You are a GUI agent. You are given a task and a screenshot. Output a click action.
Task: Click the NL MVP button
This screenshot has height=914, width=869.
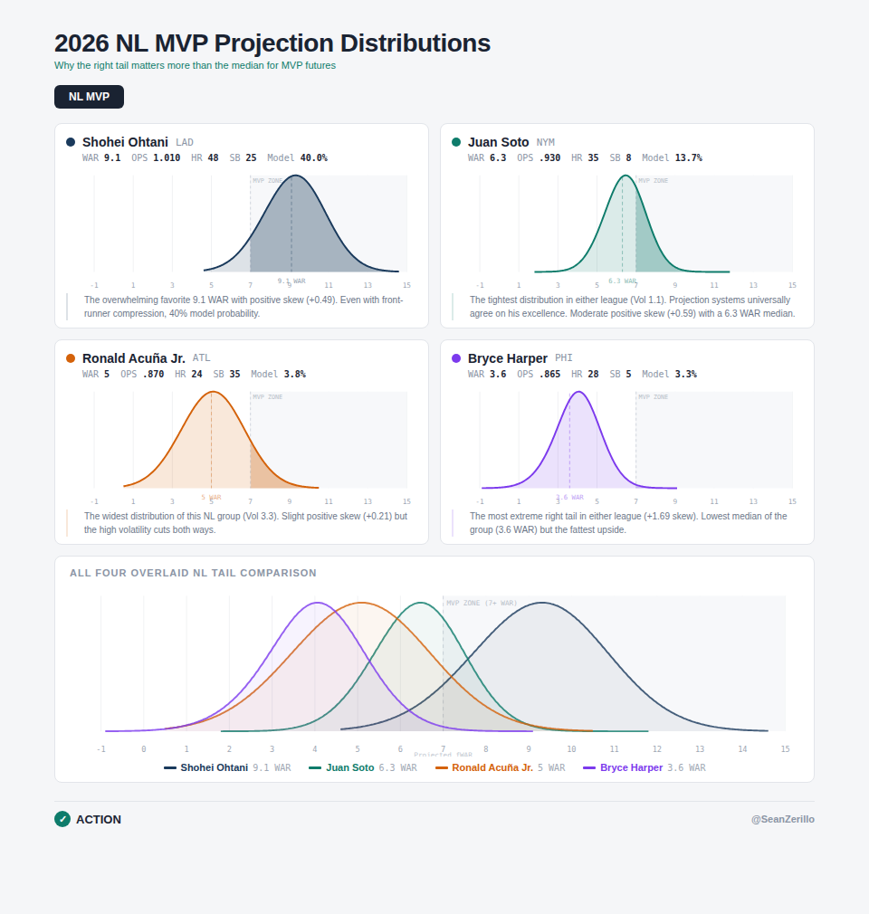(x=89, y=97)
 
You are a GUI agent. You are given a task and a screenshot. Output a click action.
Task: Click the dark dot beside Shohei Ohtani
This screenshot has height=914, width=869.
(x=71, y=142)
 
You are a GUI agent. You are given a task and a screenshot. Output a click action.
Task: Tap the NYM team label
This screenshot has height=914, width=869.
(x=545, y=142)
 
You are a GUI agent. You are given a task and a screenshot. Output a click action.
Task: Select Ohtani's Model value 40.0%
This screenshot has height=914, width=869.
(x=314, y=157)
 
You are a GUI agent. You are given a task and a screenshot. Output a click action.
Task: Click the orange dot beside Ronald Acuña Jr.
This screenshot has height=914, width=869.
(x=71, y=358)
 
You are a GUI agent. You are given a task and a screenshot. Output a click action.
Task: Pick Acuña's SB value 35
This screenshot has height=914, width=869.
(x=234, y=374)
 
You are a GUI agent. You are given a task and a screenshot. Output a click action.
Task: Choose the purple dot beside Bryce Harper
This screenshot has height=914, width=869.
(x=456, y=358)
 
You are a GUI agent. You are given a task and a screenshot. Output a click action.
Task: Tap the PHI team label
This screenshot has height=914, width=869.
(x=564, y=358)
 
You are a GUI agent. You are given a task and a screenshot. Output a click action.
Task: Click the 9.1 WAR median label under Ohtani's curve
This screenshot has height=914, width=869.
(x=291, y=281)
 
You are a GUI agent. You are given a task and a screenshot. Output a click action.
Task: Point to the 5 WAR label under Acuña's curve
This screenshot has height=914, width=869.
(x=211, y=497)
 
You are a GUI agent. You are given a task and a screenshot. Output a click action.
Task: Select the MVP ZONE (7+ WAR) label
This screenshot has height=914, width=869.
(x=482, y=603)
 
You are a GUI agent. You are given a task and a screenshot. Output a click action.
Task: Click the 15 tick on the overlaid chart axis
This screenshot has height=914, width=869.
(x=785, y=749)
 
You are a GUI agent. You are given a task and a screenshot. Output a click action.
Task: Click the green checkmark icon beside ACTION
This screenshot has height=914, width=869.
(x=62, y=819)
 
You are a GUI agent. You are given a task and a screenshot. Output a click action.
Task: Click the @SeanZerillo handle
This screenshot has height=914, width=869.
(x=782, y=819)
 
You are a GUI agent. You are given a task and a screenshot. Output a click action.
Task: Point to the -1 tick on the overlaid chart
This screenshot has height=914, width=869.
(x=100, y=749)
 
